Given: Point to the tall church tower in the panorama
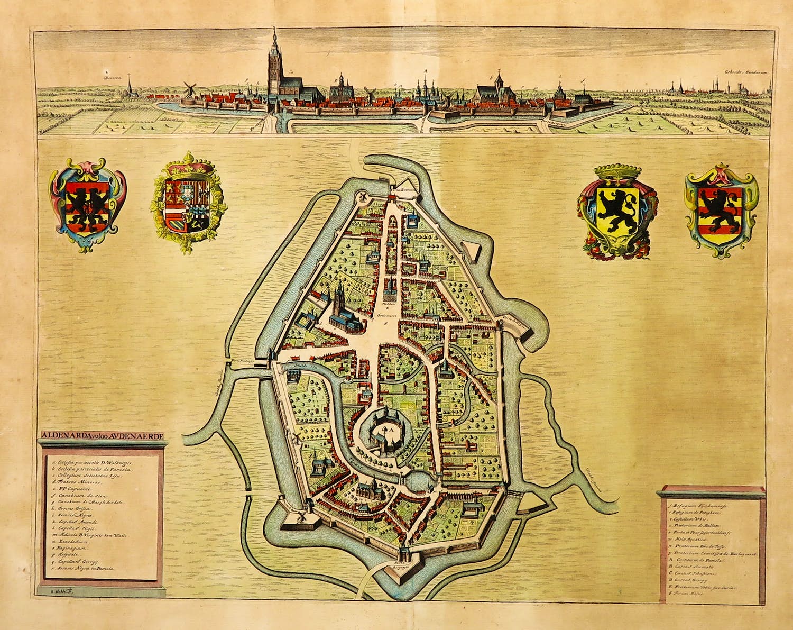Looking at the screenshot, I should [x=273, y=66].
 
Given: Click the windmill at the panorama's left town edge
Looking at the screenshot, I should [x=189, y=90].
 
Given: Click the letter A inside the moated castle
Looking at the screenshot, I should [x=391, y=431].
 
